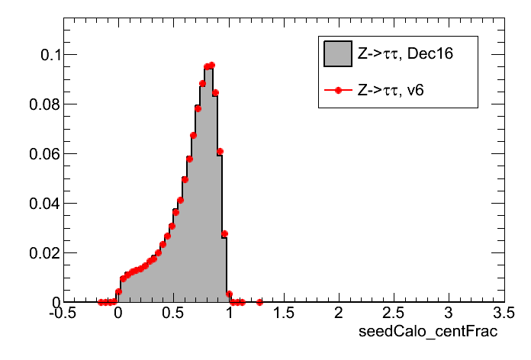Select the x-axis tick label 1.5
click(x=283, y=313)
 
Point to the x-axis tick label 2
click(x=339, y=313)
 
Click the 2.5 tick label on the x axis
click(x=394, y=313)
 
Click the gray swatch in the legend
click(x=337, y=54)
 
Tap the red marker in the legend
click(x=337, y=90)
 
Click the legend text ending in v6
click(x=391, y=90)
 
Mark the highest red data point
click(x=211, y=66)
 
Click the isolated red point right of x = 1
click(x=259, y=302)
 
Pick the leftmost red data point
click(x=101, y=302)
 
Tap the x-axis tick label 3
click(x=449, y=313)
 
